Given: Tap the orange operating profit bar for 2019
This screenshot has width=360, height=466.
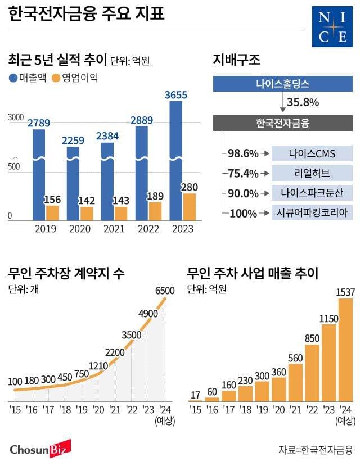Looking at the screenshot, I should [52, 213].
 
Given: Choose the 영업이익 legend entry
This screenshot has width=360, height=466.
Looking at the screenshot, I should [74, 78].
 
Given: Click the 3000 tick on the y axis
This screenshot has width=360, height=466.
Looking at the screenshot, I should [15, 117].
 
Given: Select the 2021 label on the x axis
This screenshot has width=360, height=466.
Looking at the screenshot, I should [114, 229].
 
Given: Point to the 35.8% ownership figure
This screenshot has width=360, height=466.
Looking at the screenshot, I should [303, 103].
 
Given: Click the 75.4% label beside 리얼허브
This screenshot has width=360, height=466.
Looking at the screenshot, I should [243, 173].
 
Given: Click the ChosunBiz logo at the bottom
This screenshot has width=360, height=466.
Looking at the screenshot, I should [38, 449].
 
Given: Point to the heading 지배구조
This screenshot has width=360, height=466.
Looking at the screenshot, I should [237, 60].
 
